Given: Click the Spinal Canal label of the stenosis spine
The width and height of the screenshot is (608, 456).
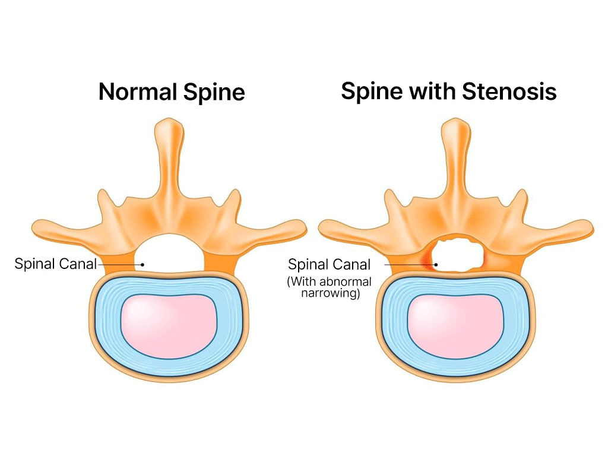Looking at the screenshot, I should pyautogui.click(x=329, y=264).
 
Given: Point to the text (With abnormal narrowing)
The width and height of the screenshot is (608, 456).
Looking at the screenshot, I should pyautogui.click(x=329, y=287).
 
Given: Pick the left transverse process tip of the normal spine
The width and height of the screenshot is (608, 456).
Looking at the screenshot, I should pyautogui.click(x=37, y=227).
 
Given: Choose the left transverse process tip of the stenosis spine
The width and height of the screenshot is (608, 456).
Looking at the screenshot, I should pyautogui.click(x=324, y=227).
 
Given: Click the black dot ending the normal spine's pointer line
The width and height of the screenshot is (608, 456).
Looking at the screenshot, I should pyautogui.click(x=143, y=265).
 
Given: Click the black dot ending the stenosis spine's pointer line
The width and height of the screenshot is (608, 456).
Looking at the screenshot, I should pyautogui.click(x=436, y=265).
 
